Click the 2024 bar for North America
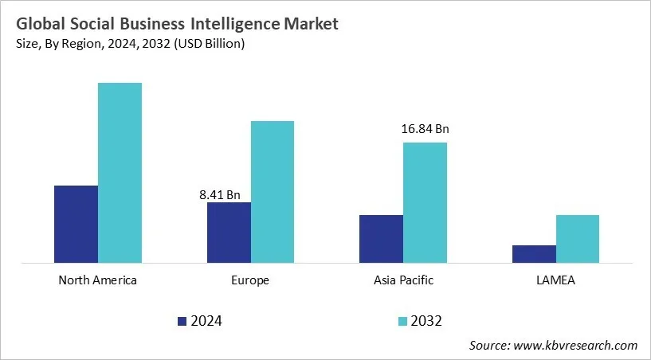76,224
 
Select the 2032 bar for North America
120,172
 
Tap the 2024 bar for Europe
229,232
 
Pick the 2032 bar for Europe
273,191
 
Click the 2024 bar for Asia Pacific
381,238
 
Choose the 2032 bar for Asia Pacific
425,202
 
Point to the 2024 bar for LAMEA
534,253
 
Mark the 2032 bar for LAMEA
578,238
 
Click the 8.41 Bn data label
220,193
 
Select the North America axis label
98,280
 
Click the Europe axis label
250,280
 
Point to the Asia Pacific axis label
403,280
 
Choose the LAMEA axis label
555,280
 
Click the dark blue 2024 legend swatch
182,321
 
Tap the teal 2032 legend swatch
402,321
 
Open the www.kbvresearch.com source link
576,345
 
